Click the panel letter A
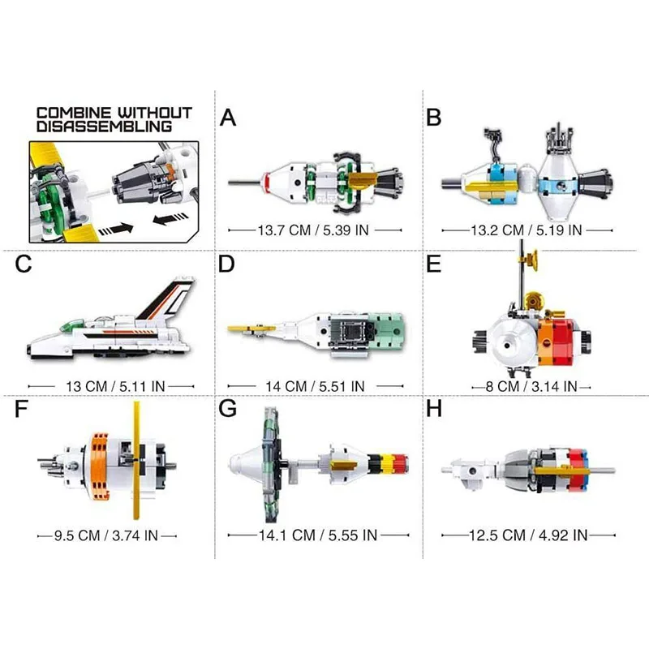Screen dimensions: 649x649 228,118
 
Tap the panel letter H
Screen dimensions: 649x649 434,409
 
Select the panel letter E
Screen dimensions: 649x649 433,264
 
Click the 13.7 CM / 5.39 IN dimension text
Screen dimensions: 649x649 313,230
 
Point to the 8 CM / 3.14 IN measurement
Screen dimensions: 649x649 531,387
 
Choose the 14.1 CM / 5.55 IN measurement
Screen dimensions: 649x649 318,535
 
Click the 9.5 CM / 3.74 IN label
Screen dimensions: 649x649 106,535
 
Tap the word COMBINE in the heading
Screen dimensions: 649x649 74,113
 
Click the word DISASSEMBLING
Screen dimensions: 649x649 104,127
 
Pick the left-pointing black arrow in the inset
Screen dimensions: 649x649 170,218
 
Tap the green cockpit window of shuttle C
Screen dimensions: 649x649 71,324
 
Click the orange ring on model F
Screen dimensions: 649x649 99,466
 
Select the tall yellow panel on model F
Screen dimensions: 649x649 136,460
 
